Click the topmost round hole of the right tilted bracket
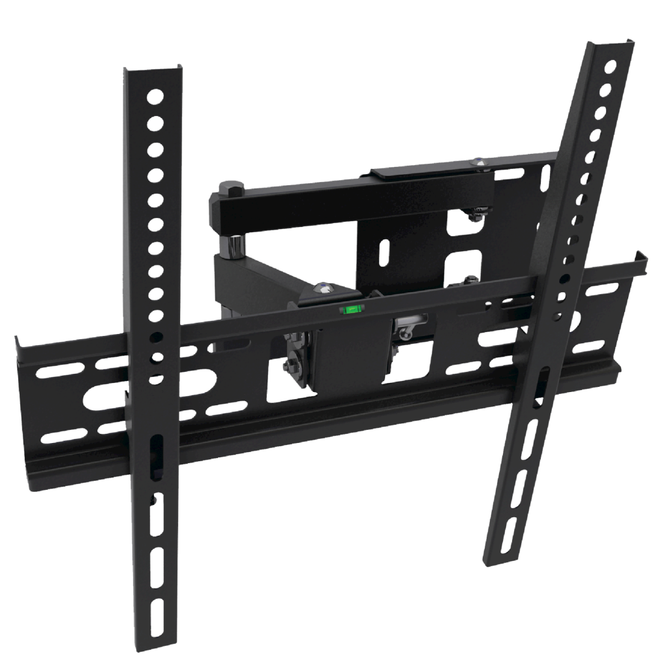pos(610,67)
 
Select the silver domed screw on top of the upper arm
pos(480,162)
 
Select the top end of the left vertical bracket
pos(151,68)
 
